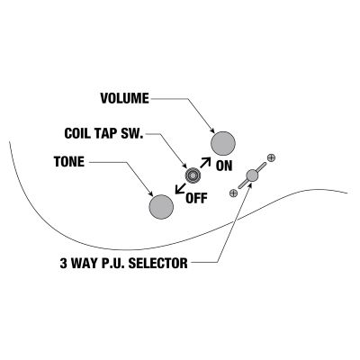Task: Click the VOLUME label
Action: [124, 98]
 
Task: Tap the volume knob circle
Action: [223, 143]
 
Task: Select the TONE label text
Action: [69, 162]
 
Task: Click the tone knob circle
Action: [161, 207]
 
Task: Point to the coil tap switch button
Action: [193, 175]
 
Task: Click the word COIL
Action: [77, 133]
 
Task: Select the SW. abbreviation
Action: [132, 133]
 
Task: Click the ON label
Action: [224, 166]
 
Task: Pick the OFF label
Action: [196, 198]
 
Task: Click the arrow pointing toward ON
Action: [205, 162]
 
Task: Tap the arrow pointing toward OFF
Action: [181, 188]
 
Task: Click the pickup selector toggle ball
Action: [252, 175]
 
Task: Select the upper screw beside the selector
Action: [271, 157]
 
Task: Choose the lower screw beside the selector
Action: [233, 193]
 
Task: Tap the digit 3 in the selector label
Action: [63, 263]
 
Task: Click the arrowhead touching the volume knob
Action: [212, 131]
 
